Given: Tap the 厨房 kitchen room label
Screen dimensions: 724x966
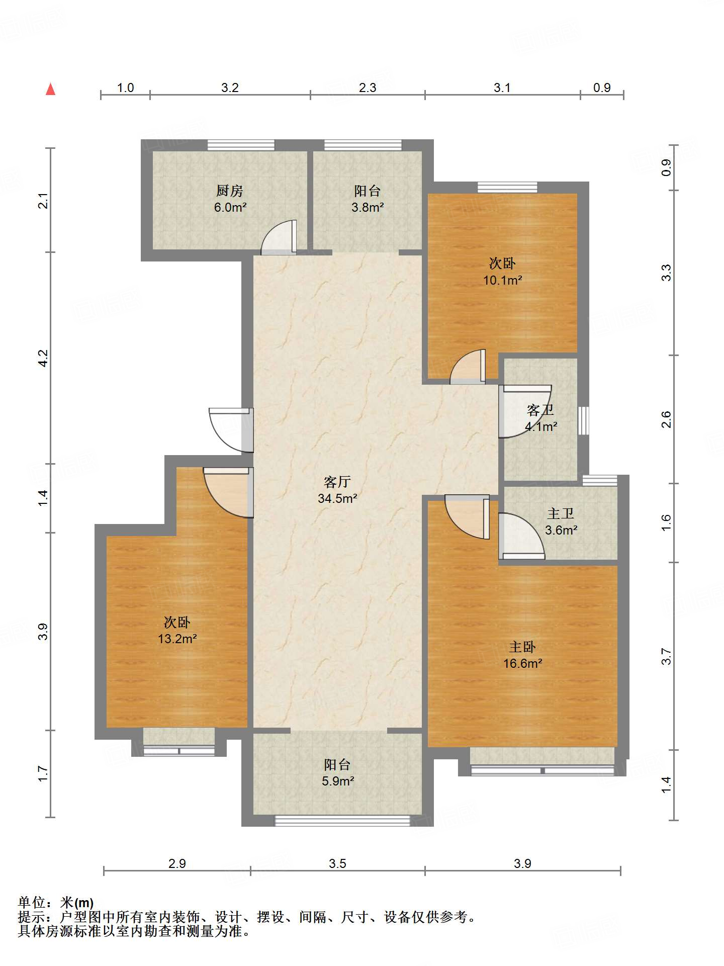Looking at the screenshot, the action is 230,191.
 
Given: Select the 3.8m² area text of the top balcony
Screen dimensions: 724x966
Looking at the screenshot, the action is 368,207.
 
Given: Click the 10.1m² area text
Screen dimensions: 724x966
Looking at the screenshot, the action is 503,280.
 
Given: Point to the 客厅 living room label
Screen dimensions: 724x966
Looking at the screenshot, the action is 337,482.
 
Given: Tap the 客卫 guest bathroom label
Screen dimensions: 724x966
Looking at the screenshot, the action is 540,410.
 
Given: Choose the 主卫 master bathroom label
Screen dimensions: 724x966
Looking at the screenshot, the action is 561,513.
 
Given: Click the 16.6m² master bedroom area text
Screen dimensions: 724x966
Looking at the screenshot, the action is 523,663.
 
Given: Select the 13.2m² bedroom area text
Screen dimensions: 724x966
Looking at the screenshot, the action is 177,639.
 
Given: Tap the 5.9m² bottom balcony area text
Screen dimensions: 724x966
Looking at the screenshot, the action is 337,781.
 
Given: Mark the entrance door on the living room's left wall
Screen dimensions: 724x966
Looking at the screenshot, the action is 231,430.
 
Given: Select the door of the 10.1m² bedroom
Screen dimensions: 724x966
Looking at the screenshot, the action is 468,367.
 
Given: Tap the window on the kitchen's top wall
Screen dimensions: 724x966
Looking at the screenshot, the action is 241,145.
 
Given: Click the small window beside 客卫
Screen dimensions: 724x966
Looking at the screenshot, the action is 583,420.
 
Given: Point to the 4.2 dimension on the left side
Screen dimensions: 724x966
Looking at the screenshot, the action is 43,358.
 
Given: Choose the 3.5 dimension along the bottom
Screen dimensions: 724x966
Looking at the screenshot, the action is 337,863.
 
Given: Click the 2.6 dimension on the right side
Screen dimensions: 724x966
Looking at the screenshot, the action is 666,419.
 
